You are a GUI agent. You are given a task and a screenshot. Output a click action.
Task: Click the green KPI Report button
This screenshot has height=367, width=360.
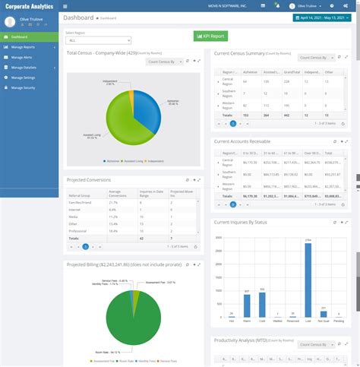tap(210, 36)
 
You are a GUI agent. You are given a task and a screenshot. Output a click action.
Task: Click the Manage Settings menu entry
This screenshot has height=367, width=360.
tap(27, 78)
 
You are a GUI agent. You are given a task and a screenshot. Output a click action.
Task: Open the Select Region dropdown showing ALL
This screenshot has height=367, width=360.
tap(98, 40)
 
